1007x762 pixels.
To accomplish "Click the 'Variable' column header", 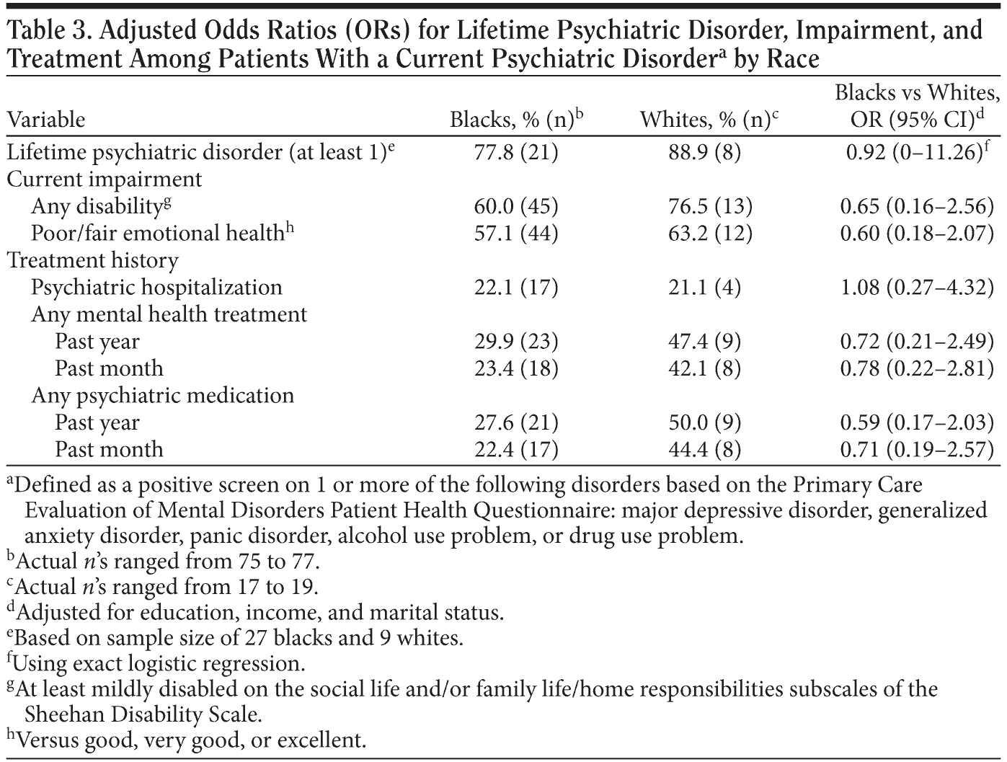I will tap(46, 120).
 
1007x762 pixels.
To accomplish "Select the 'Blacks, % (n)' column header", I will tap(514, 120).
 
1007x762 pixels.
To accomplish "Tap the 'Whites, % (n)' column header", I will tap(709, 120).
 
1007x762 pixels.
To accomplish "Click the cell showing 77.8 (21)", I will tap(516, 152).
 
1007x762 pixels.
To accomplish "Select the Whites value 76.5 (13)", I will tap(710, 206).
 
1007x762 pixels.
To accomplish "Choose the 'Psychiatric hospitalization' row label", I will tap(156, 287).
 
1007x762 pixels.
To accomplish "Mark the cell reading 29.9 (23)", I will tap(516, 341).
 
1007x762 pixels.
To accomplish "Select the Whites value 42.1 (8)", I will tap(710, 368).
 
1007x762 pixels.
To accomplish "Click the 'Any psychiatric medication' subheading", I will tap(163, 395).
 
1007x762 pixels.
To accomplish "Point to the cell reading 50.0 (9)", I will tap(710, 422).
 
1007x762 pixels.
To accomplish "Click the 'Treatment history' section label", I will tap(93, 260).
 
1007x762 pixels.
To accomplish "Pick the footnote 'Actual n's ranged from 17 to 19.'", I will tap(164, 585).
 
